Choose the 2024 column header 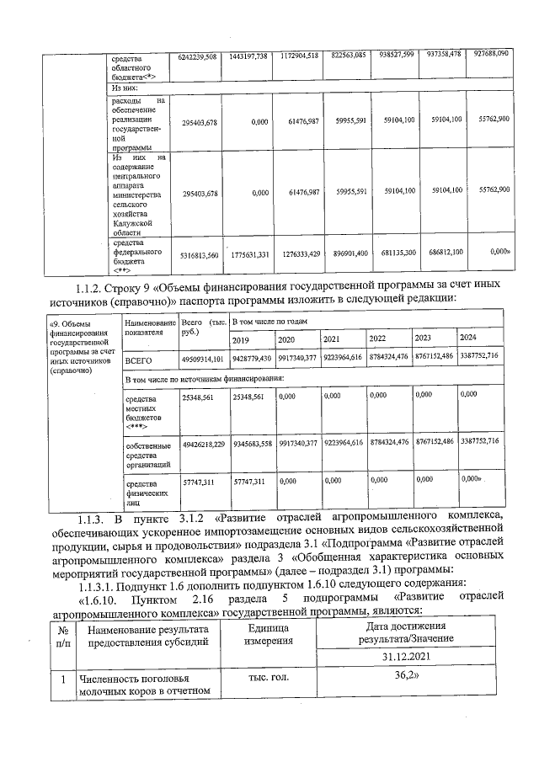coord(468,338)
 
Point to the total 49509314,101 coord(202,360)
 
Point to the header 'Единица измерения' coord(269,635)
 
